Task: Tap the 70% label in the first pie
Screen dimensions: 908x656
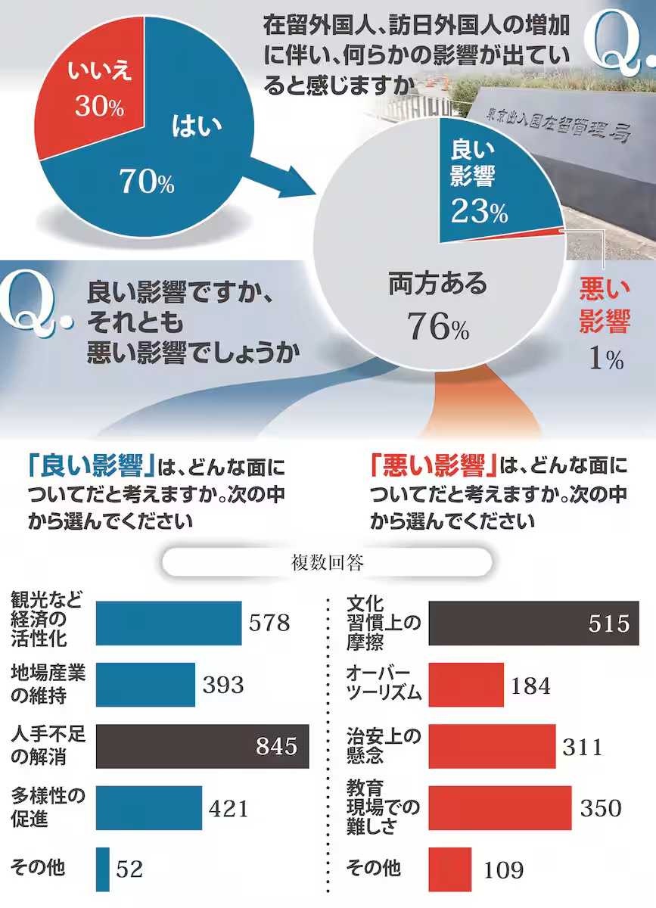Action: pos(146,181)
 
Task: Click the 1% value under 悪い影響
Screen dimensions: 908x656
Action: pos(606,359)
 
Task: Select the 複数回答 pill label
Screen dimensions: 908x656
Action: pos(327,563)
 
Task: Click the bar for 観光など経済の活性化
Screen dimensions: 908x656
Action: pos(168,623)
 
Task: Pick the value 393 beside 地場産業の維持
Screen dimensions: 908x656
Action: pos(223,686)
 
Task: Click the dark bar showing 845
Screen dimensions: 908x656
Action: pos(202,747)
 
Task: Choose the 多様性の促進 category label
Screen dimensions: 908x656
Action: pos(48,807)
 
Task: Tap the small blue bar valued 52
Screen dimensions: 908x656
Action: pos(103,869)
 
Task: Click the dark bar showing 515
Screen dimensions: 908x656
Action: pos(533,623)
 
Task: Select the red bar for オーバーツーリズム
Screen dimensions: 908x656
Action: pos(466,686)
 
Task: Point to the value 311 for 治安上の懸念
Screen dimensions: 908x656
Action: pos(583,747)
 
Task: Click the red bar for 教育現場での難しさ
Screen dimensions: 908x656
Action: pos(499,808)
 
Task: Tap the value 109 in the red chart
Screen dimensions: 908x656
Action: pos(502,869)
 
